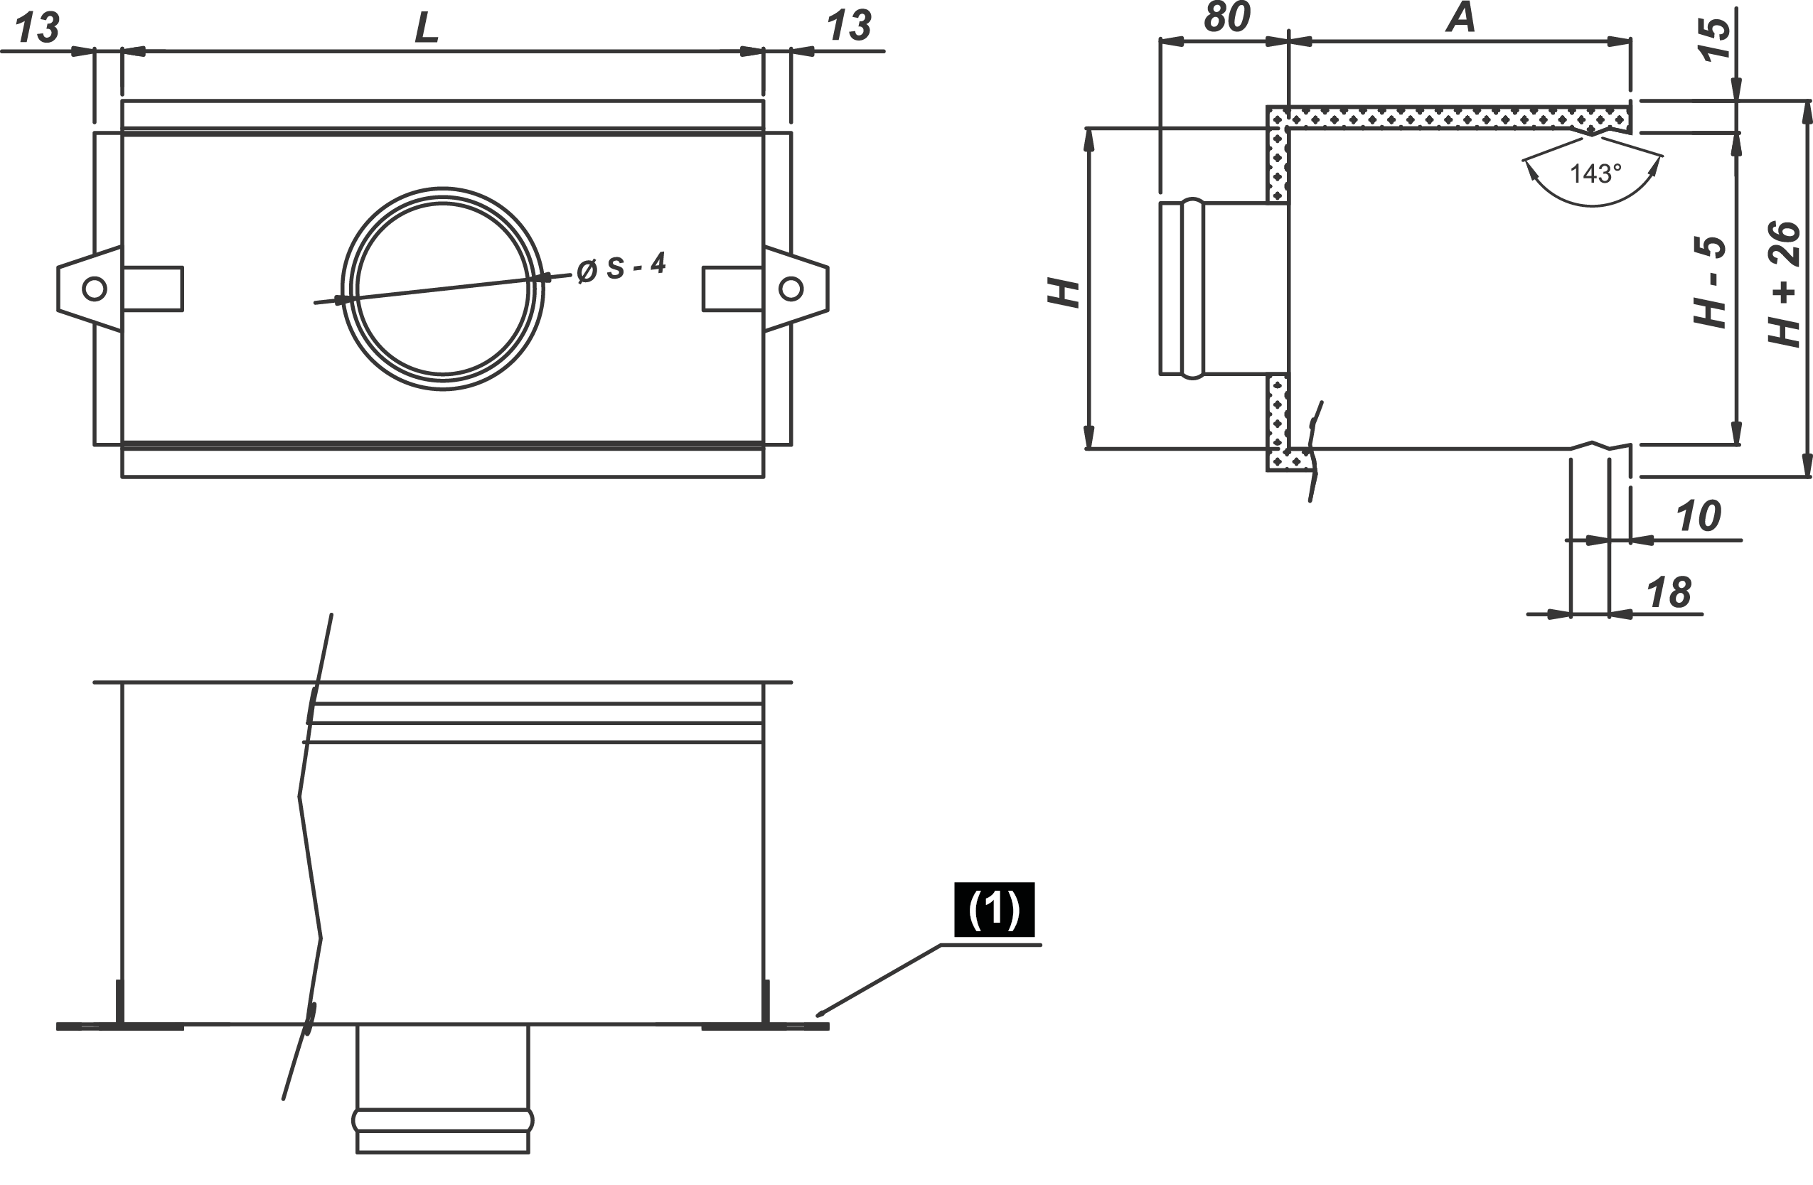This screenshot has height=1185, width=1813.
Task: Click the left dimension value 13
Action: pyautogui.click(x=36, y=29)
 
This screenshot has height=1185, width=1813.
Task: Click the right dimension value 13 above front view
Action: pyautogui.click(x=849, y=28)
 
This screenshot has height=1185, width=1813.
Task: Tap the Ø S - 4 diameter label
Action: pyautogui.click(x=621, y=267)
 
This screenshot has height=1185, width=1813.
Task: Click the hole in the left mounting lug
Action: pyautogui.click(x=95, y=289)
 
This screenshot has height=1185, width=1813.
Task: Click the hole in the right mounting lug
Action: pyautogui.click(x=791, y=289)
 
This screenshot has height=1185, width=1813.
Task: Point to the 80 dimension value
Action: pyautogui.click(x=1226, y=18)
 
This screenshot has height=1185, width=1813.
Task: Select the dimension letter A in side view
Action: pyautogui.click(x=1461, y=19)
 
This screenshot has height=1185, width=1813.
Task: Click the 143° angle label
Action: pyautogui.click(x=1595, y=174)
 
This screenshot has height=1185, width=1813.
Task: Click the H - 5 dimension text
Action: pyautogui.click(x=1709, y=282)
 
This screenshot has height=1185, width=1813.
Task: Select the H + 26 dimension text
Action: pyautogui.click(x=1784, y=284)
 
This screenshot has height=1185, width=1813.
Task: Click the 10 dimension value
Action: pyautogui.click(x=1698, y=517)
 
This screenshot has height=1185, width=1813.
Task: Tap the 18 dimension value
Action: pyautogui.click(x=1668, y=593)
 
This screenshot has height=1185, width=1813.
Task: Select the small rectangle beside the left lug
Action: pyautogui.click(x=153, y=289)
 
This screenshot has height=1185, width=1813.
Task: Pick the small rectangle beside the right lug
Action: pyautogui.click(x=732, y=289)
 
